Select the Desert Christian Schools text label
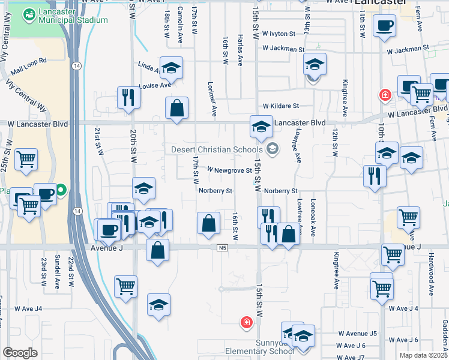(217, 149)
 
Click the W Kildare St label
(280, 106)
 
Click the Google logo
(20, 353)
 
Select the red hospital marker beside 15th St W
(246, 324)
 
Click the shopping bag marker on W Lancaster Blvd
(177, 109)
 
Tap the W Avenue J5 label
(357, 333)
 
